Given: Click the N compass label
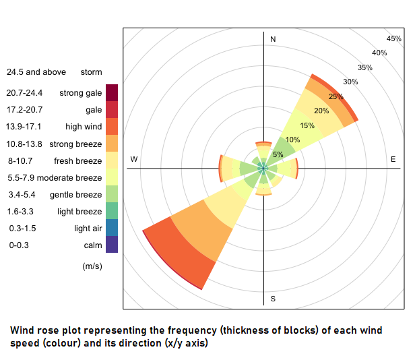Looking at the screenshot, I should tap(273, 40).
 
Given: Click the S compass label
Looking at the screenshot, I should tap(273, 298).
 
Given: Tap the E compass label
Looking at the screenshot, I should tap(393, 159).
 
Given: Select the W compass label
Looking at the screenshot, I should tap(134, 159).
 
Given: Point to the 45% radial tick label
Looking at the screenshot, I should tap(394, 38).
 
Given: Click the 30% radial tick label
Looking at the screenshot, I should tap(350, 82).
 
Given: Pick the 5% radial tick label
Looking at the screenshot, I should tap(278, 154).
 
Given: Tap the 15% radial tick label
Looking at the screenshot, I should tap(307, 125).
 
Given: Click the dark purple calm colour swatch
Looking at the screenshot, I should tap(111, 244).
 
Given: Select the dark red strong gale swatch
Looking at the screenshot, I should tap(111, 92).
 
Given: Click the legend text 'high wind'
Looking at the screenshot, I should tap(84, 126).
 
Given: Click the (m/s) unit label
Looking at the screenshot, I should tap(92, 266).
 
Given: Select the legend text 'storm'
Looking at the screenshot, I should tap(91, 71).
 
